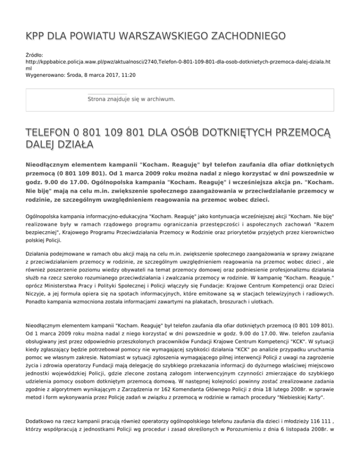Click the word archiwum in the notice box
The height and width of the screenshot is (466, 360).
click(161, 99)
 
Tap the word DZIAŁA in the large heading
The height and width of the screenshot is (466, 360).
click(75, 143)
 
